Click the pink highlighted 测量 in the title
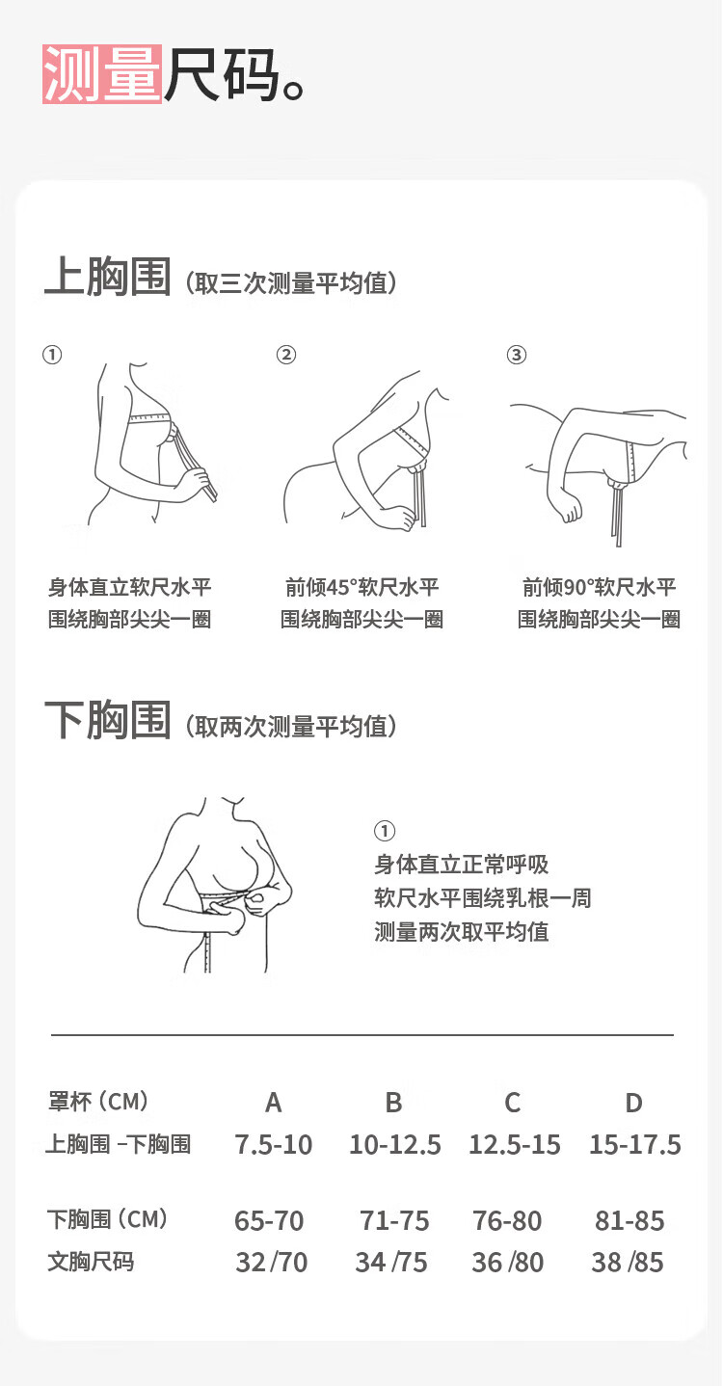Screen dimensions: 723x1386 pos(102,73)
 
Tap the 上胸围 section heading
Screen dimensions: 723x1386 pos(108,277)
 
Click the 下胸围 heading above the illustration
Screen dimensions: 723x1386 pos(108,720)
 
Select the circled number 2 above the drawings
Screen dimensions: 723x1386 pos(286,355)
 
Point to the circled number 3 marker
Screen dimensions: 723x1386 pos(517,355)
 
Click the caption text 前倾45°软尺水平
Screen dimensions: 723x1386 pos(362,587)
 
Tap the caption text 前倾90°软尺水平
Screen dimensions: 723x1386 pos(600,587)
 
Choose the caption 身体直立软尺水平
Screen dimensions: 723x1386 pos(130,587)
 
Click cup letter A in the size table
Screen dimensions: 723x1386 pos(274,1103)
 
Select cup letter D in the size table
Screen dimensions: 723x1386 pos(634,1103)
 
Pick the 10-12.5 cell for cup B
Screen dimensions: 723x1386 pos(395,1145)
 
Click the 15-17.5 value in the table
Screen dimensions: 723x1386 pos(635,1145)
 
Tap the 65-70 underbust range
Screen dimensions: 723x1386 pos(269,1221)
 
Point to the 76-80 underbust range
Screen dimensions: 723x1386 pos(508,1221)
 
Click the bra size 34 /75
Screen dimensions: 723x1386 pos(391,1263)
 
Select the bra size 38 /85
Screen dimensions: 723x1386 pos(628,1263)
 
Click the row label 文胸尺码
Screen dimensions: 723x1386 pos(91,1262)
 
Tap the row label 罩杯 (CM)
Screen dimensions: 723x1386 pos(98,1102)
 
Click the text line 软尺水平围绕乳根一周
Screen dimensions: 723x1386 pos(483,897)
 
